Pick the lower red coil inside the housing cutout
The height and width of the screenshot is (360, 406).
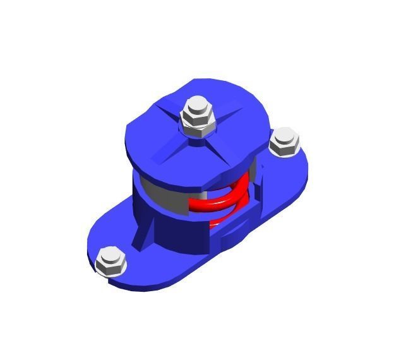[x=221, y=221]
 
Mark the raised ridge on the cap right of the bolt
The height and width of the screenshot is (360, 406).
[x=234, y=117]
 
